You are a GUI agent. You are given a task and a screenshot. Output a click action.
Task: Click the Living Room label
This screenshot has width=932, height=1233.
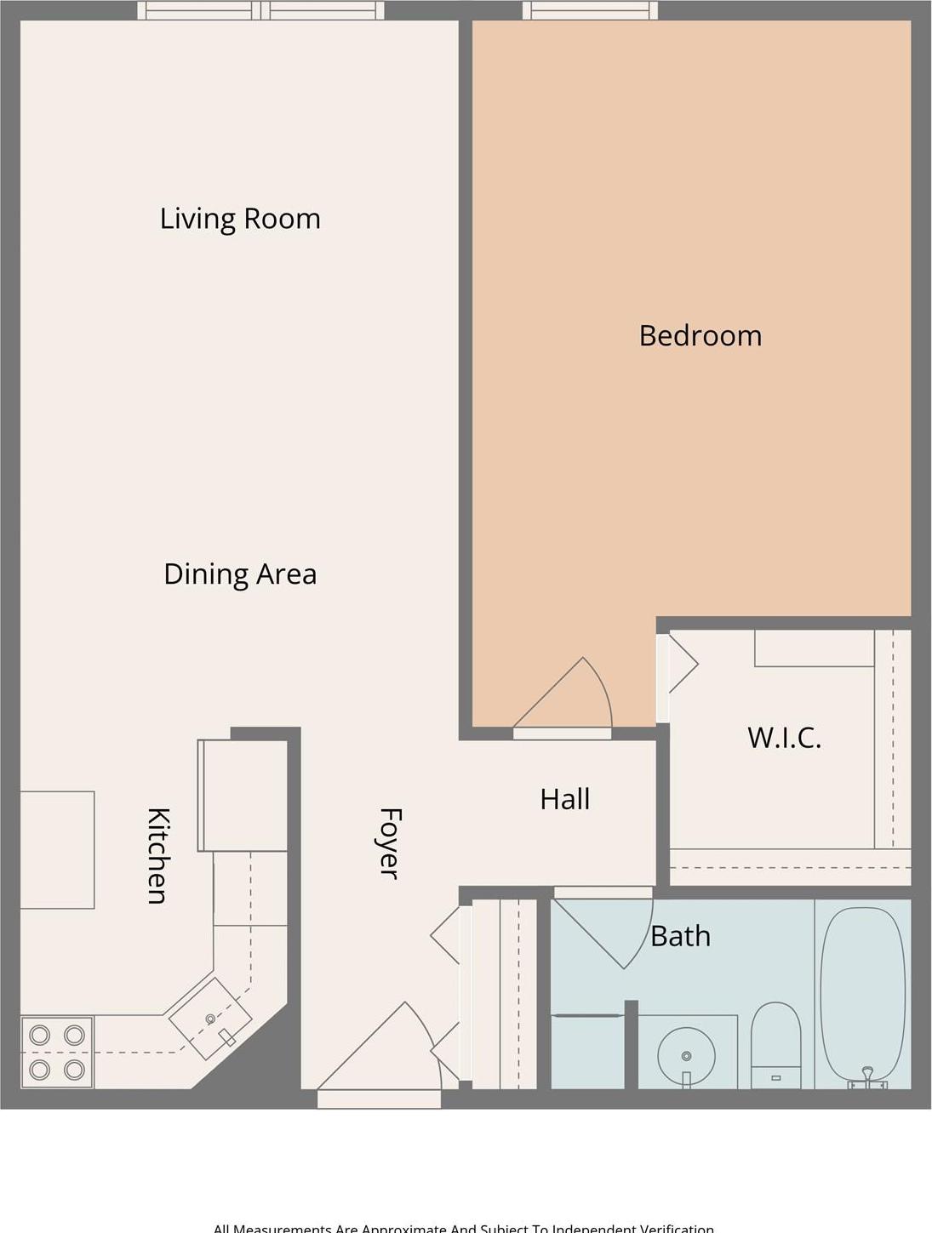point(240,219)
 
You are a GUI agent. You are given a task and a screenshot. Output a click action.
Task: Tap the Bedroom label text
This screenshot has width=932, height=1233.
point(700,335)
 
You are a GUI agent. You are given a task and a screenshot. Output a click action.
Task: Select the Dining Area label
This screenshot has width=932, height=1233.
point(240,574)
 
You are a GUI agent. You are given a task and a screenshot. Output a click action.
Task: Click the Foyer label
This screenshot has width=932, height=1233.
point(389,842)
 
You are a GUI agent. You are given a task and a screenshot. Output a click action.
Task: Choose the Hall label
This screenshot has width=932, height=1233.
point(564,799)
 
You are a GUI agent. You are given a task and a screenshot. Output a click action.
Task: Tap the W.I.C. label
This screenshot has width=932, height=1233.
point(784,737)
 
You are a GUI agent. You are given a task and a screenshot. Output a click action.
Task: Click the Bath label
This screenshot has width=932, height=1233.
point(680,936)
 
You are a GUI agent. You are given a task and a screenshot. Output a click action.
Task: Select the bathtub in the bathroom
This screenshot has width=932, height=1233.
point(862,996)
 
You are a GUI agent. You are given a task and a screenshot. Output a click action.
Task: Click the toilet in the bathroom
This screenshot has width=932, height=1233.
point(775,1043)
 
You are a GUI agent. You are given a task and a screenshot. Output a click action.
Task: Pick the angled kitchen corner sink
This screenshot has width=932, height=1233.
point(210,1018)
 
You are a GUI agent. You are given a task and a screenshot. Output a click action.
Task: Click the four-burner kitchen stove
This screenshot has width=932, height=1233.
point(57,1053)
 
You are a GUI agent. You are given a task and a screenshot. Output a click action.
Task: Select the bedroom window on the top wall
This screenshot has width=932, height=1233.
point(590,10)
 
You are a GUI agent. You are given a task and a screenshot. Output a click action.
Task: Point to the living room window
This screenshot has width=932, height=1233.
point(260,10)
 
